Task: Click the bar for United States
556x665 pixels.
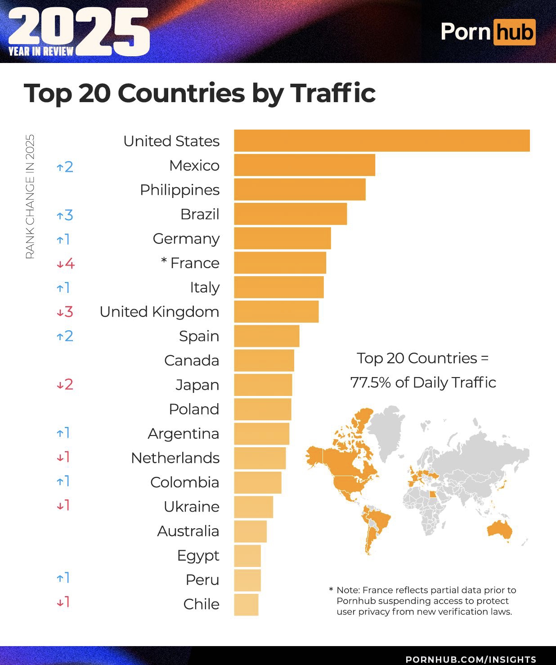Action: [x=381, y=141]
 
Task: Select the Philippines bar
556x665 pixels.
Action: [x=300, y=189]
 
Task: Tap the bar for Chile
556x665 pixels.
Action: [x=246, y=604]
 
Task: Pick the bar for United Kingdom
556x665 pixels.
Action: [x=276, y=311]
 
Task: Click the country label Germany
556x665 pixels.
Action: [x=186, y=238]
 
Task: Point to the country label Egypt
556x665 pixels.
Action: [x=198, y=556]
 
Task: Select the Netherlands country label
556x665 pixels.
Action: [x=175, y=458]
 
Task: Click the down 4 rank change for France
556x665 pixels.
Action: [x=66, y=263]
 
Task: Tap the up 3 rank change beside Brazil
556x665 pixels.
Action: [x=65, y=215]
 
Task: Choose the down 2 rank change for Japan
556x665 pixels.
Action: [x=65, y=385]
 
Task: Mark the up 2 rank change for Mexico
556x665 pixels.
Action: [x=65, y=167]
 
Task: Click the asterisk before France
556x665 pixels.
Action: [x=164, y=261]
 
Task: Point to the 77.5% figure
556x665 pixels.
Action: [x=370, y=382]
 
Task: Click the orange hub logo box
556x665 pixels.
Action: [x=515, y=32]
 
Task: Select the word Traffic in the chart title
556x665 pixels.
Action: [x=333, y=93]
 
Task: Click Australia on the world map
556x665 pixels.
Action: [x=500, y=530]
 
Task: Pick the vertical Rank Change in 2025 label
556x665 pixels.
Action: [x=30, y=197]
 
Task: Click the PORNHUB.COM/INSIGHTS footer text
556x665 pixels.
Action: [x=471, y=659]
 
